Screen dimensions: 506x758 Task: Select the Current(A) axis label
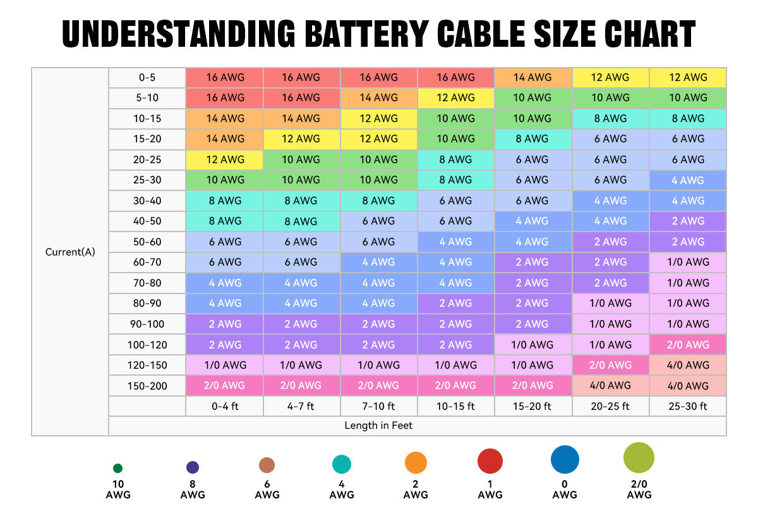tap(70, 252)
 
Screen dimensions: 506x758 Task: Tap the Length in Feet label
tap(378, 426)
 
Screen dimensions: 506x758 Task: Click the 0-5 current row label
tap(147, 77)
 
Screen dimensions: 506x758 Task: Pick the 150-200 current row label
tap(147, 386)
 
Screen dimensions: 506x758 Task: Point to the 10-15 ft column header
tap(455, 406)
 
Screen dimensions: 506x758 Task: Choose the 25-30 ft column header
tap(688, 406)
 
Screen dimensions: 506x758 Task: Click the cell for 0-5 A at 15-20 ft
tap(532, 77)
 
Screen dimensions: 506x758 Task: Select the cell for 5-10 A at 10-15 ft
tap(455, 97)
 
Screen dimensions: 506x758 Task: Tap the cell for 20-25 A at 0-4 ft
tap(224, 159)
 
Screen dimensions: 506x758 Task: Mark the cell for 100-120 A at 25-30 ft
tap(688, 345)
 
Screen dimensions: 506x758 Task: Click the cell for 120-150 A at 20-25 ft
tap(610, 365)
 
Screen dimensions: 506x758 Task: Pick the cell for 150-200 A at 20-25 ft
tap(610, 386)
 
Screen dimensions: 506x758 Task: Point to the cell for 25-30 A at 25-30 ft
tap(688, 180)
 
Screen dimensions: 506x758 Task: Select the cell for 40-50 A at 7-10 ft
tap(378, 221)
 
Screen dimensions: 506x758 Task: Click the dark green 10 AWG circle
tap(117, 469)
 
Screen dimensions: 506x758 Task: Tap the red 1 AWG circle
tap(490, 462)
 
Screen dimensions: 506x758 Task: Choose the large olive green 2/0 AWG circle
tap(639, 458)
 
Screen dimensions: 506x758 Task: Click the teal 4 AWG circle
tap(342, 465)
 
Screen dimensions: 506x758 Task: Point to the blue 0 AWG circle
tap(565, 460)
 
